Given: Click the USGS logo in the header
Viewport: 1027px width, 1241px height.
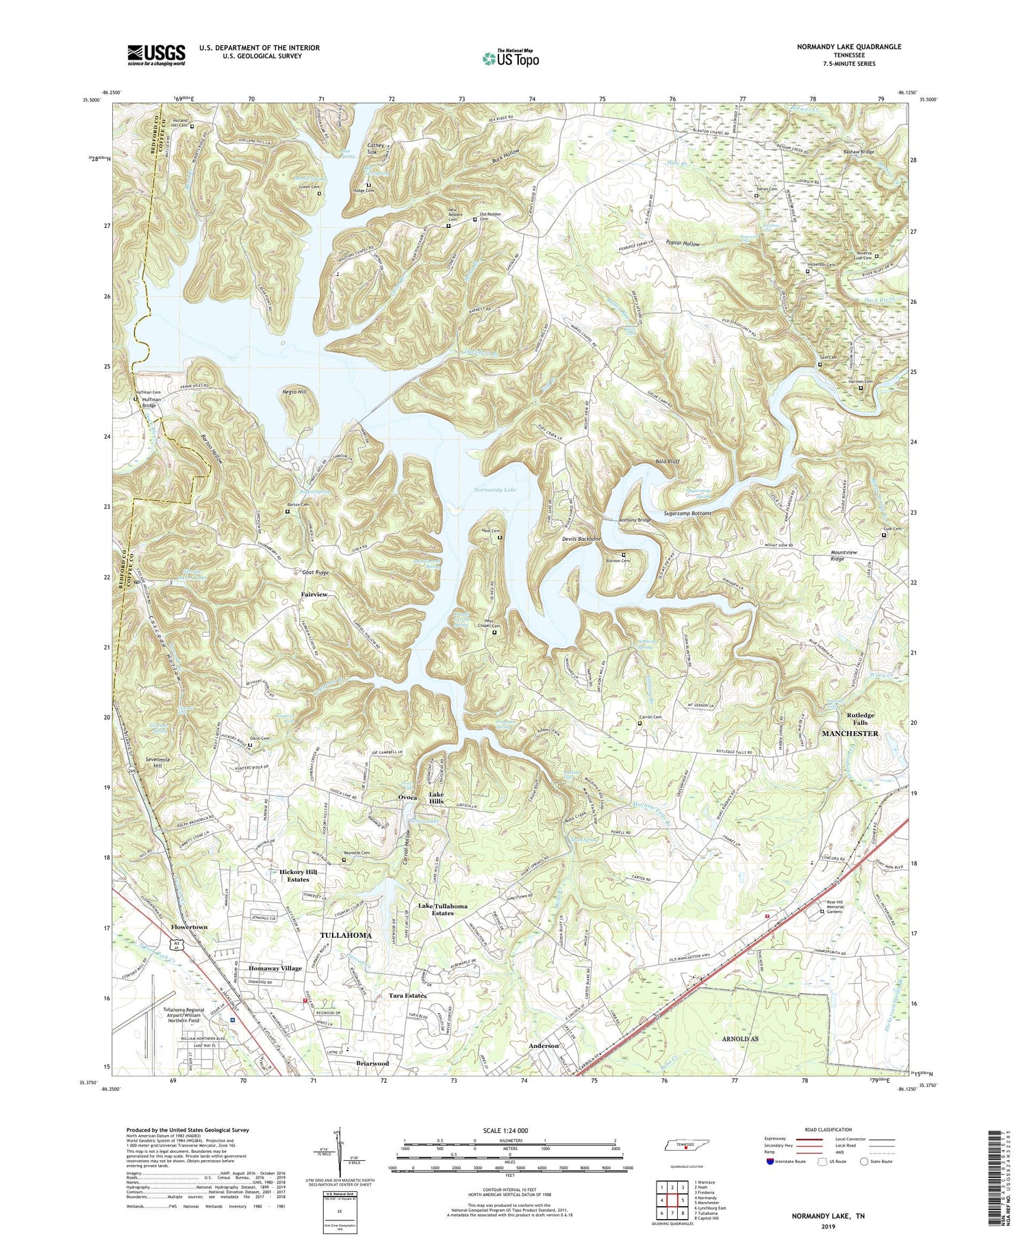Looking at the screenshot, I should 156,55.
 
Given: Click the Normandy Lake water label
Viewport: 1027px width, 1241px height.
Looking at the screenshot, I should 495,490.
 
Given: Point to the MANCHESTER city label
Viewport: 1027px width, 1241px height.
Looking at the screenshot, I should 849,733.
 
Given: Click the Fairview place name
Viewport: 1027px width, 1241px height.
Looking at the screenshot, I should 314,595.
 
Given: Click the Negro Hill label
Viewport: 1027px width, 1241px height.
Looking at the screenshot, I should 294,391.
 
